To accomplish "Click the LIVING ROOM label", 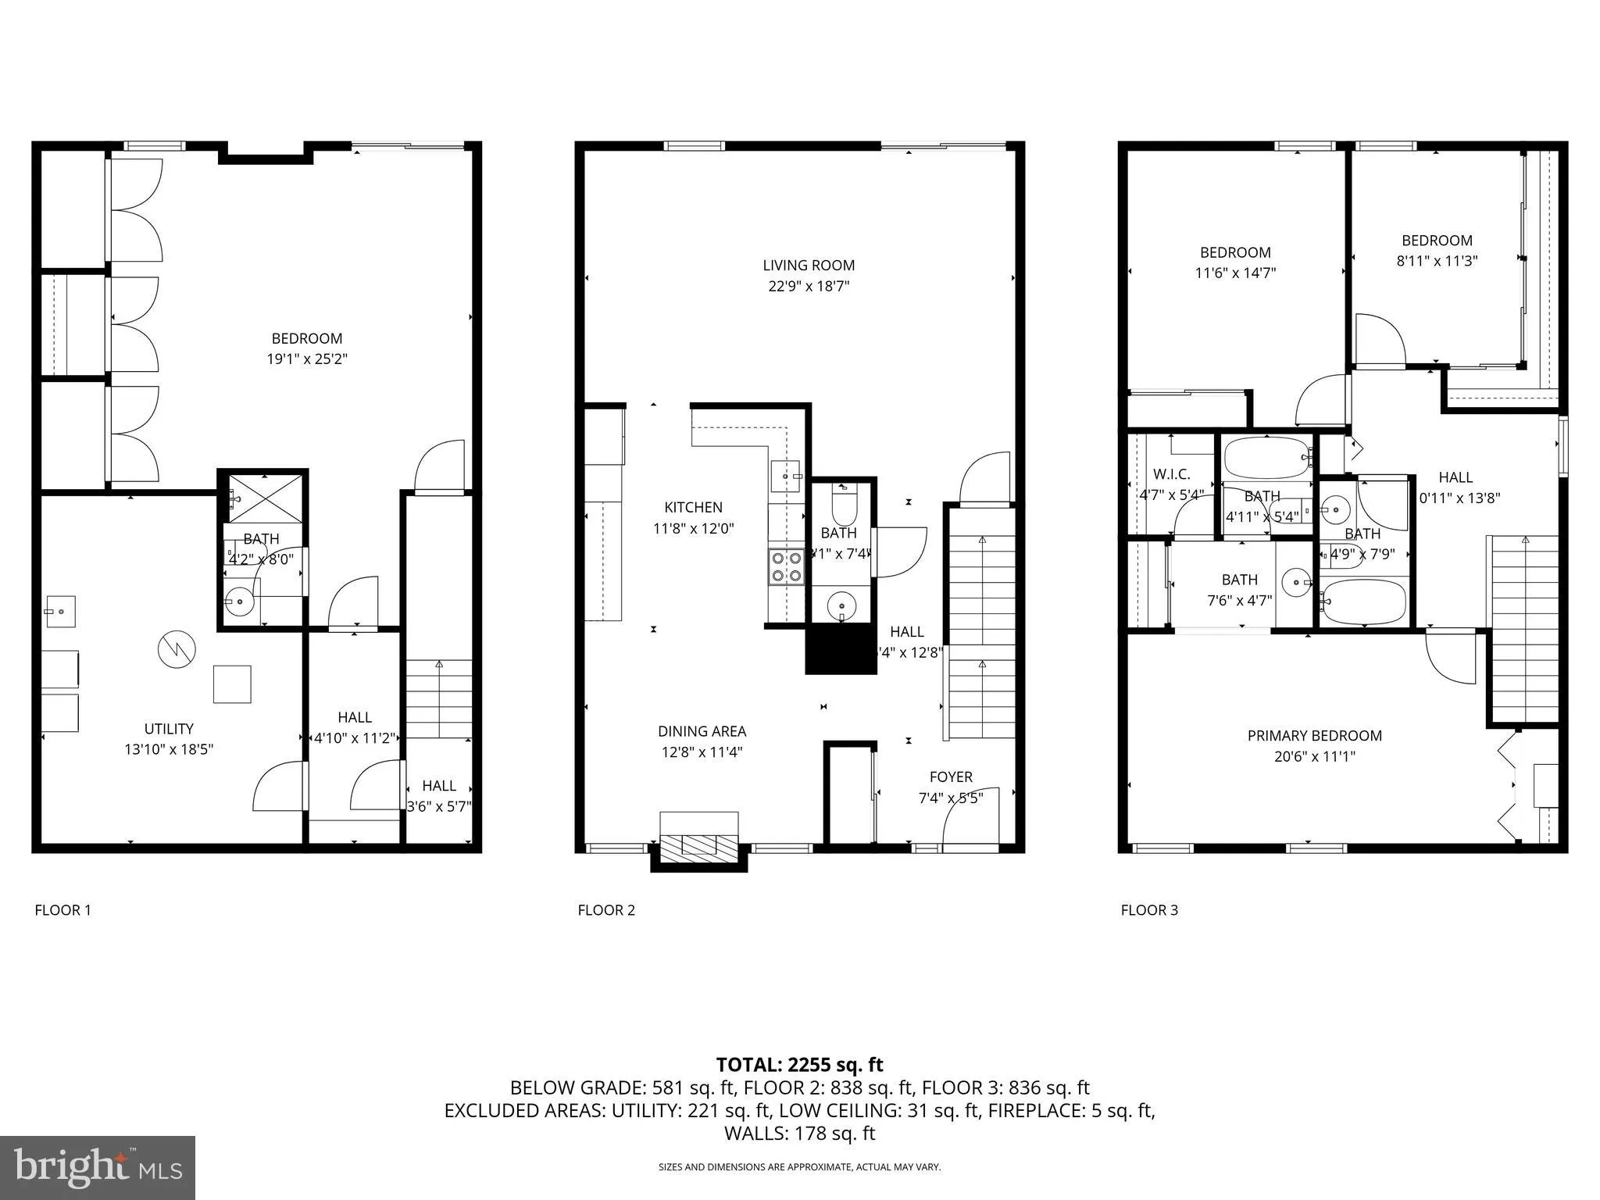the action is pos(809,266).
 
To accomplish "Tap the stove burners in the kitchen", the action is pos(786,567).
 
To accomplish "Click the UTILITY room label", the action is pos(169,729).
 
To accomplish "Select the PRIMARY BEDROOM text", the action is pos(1314,736).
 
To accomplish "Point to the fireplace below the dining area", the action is pos(699,845).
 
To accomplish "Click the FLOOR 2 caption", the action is pos(606,910).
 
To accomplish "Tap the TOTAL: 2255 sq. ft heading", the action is pos(799,1065).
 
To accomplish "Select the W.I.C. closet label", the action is pos(1171,474).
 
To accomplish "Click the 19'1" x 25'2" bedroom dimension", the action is pos(306,359).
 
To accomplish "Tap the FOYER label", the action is pos(951,777).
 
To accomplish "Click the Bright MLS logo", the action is pos(98,1167).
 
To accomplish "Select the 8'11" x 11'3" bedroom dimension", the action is pos(1437,261).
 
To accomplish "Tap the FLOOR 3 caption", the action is pos(1149,910).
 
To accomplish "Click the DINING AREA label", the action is pos(702,732).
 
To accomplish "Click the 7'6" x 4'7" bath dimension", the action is pos(1240,601).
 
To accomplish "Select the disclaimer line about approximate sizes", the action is pos(799,1167).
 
